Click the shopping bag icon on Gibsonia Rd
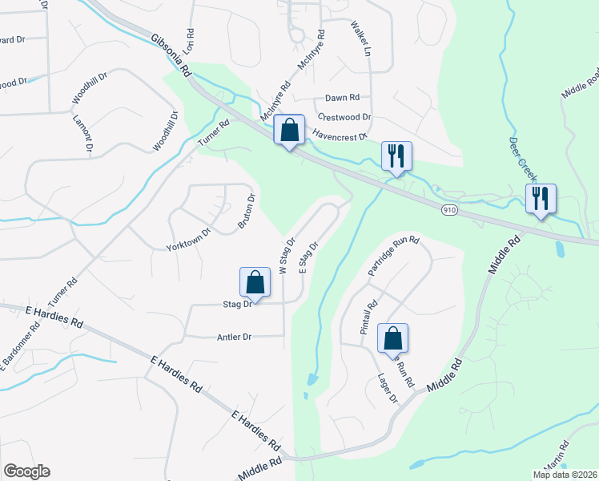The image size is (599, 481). pos(289,130)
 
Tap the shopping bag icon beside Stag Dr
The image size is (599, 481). pos(255,282)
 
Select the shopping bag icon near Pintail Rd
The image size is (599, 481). pos(392,338)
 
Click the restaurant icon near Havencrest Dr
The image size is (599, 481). pos(396,156)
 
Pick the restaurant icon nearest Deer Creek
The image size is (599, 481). pos(541,198)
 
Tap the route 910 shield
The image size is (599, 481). pos(449,209)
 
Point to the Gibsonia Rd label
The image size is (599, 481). pos(171,55)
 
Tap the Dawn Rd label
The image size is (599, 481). pos(342,98)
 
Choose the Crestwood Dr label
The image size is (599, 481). pos(345,117)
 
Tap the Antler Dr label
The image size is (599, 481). pos(234,338)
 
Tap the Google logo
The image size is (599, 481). pos(26,471)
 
